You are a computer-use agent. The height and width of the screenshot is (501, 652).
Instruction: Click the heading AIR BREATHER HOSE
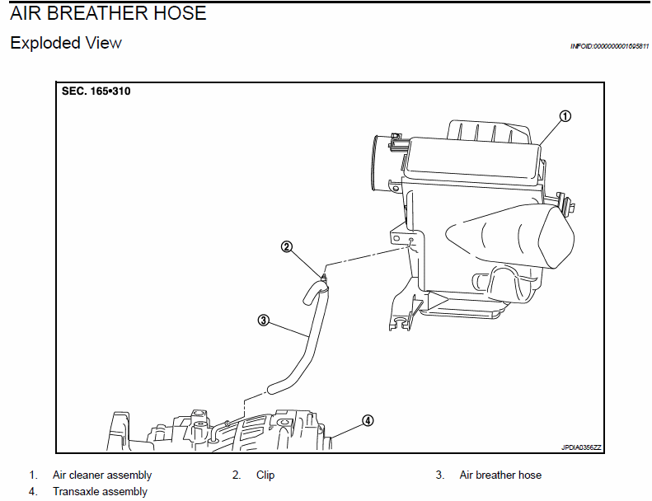(108, 14)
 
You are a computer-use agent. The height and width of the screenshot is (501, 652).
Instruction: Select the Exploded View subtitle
(66, 43)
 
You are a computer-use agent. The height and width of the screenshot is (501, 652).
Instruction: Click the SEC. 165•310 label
(96, 91)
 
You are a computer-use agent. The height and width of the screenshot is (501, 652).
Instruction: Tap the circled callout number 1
(565, 116)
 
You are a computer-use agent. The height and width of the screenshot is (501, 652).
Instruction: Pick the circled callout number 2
(287, 246)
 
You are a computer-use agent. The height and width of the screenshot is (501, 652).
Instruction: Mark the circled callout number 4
(368, 420)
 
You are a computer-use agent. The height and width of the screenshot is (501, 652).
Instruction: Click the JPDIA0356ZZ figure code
(581, 447)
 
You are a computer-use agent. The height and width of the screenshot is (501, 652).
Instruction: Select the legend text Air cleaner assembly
(102, 475)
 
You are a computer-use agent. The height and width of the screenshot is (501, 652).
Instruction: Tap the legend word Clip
(265, 475)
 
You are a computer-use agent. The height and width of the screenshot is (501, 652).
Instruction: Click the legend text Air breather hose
(500, 475)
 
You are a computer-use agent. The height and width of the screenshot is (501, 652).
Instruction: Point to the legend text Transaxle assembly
(100, 492)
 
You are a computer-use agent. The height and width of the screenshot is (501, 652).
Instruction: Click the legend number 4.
(33, 492)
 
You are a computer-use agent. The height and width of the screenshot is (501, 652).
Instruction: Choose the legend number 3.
(440, 475)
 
